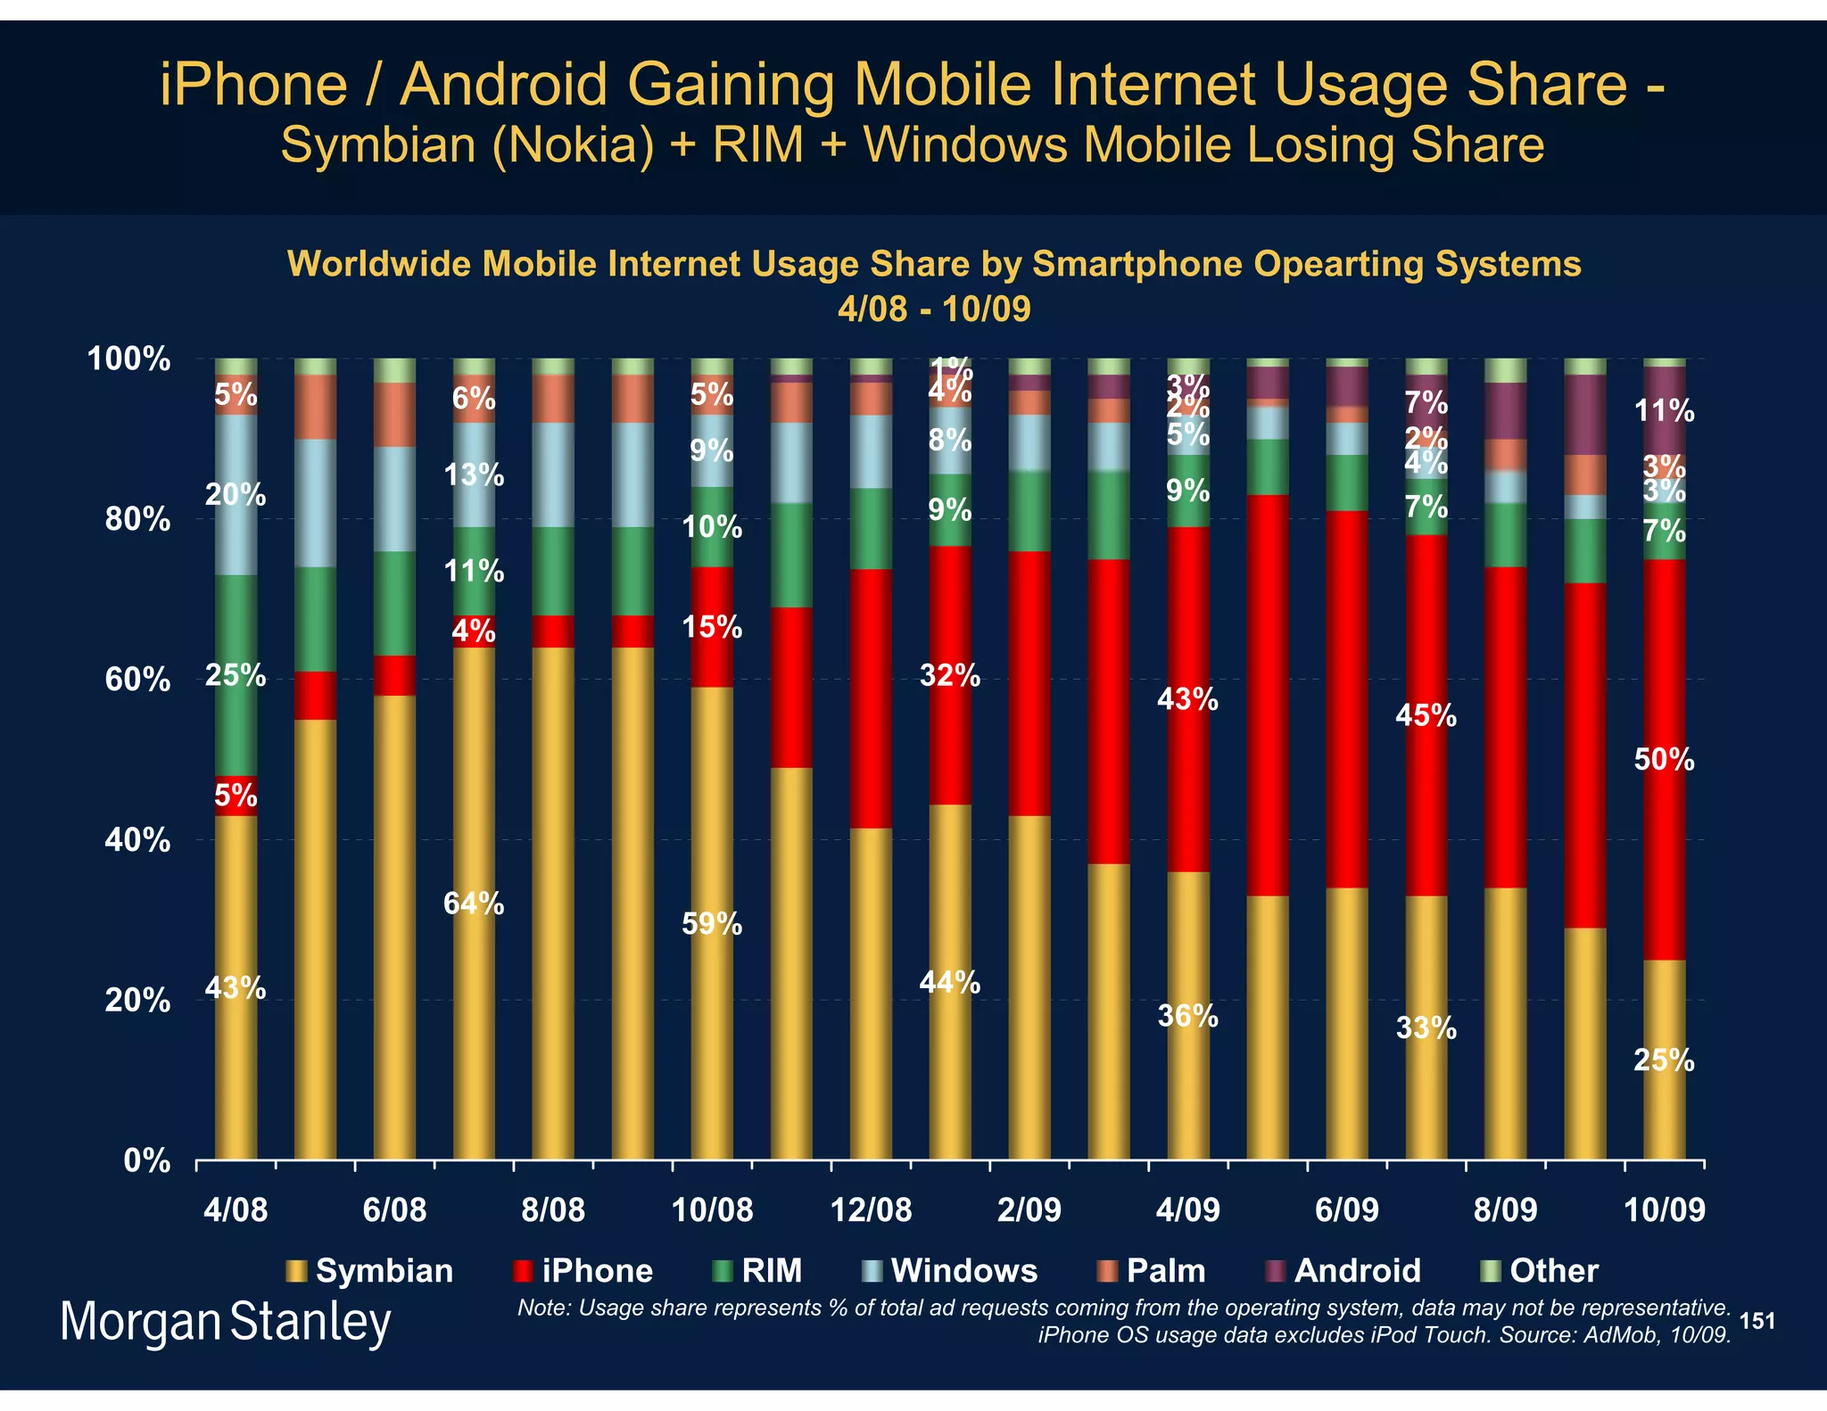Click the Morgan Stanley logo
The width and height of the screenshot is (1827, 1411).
(x=225, y=1322)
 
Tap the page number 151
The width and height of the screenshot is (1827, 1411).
(x=1757, y=1321)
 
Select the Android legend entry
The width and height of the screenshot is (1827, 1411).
(x=1343, y=1270)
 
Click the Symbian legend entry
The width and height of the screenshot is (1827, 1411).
(x=369, y=1270)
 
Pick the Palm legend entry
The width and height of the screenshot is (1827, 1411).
(x=1152, y=1270)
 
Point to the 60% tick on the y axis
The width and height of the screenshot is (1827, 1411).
(x=137, y=680)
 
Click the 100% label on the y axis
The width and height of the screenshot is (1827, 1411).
(x=128, y=359)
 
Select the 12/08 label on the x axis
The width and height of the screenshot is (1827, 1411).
(x=871, y=1209)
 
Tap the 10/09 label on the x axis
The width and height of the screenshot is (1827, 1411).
(x=1664, y=1209)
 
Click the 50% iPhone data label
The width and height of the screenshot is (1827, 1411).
(x=1664, y=759)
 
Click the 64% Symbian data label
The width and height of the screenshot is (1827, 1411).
(x=474, y=904)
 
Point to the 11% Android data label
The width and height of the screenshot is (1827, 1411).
(x=1664, y=411)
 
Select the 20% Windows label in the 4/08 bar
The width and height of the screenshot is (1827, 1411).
(x=236, y=494)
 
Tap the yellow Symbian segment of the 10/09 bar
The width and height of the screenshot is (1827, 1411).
(x=1664, y=1106)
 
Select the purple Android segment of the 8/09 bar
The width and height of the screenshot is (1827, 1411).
(x=1505, y=410)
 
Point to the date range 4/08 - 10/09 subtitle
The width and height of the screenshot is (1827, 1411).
(x=934, y=309)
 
